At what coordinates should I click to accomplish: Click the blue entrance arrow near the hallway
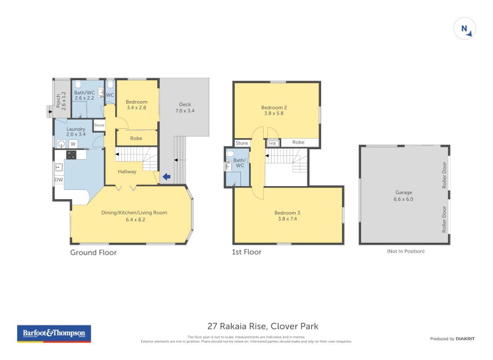pyautogui.click(x=166, y=178)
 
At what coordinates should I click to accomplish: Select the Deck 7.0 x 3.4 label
pyautogui.click(x=185, y=108)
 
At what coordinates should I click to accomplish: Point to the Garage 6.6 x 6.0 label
pyautogui.click(x=404, y=195)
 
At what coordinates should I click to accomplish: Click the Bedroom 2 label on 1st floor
pyautogui.click(x=276, y=110)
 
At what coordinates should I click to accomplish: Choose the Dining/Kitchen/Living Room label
pyautogui.click(x=134, y=216)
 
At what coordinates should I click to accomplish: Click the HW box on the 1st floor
pyautogui.click(x=272, y=143)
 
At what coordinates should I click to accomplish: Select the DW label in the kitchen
pyautogui.click(x=59, y=180)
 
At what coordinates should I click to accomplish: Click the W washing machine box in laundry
pyautogui.click(x=73, y=144)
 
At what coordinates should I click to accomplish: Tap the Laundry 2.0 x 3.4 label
pyautogui.click(x=76, y=132)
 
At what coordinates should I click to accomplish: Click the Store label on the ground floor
pyautogui.click(x=99, y=125)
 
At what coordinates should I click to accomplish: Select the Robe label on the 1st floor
pyautogui.click(x=298, y=142)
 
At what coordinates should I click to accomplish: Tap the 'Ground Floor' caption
pyautogui.click(x=93, y=252)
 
